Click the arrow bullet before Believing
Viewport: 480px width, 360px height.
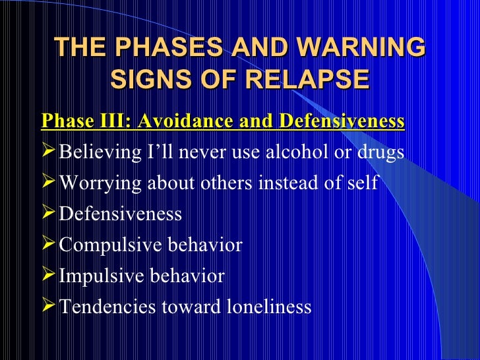click(x=49, y=152)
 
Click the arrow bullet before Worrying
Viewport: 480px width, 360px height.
click(x=49, y=183)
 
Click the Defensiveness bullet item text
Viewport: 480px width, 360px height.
click(x=121, y=214)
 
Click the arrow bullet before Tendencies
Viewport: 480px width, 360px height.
click(x=49, y=307)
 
